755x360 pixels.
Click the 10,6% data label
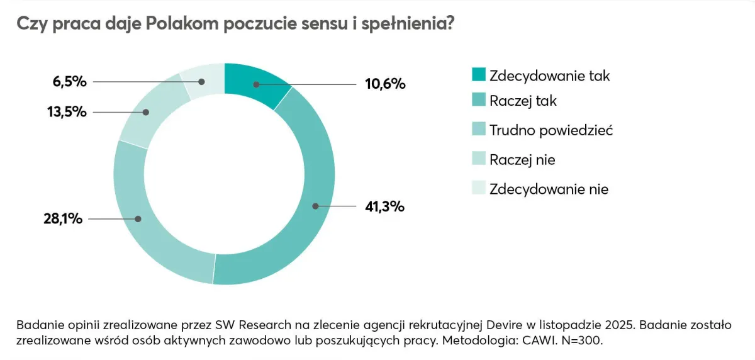coord(384,84)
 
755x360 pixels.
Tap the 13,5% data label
coord(64,112)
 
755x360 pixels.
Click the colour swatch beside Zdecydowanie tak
coord(478,76)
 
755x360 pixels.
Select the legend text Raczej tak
coord(523,101)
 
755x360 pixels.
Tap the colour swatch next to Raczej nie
coord(478,160)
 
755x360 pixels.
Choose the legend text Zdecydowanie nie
coord(549,189)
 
